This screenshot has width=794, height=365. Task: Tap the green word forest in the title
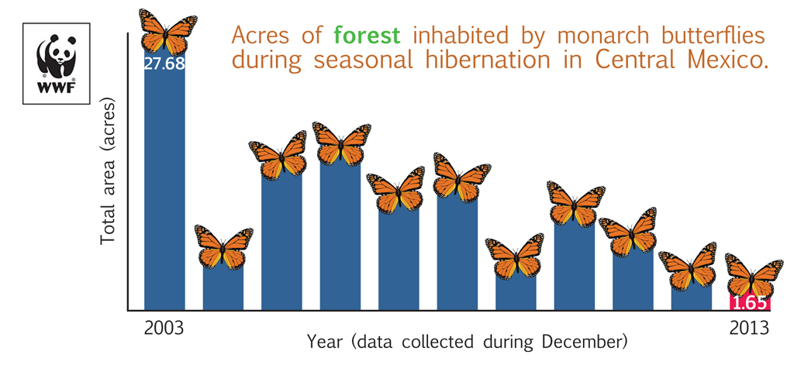[367, 35]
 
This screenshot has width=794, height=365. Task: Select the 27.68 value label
[164, 64]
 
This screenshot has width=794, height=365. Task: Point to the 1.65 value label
[749, 302]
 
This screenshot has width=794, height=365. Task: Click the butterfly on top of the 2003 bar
[164, 31]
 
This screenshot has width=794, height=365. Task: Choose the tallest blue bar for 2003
[164, 186]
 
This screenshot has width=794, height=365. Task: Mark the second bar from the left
[223, 287]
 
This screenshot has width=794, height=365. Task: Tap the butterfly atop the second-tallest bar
[341, 143]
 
